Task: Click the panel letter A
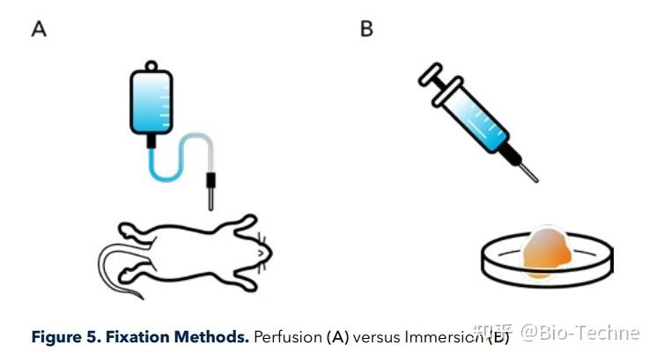tap(39, 29)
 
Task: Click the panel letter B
tap(366, 29)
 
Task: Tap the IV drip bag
tap(151, 103)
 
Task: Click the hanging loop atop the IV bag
tap(151, 66)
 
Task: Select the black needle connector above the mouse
tap(210, 183)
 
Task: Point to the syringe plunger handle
tap(429, 80)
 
